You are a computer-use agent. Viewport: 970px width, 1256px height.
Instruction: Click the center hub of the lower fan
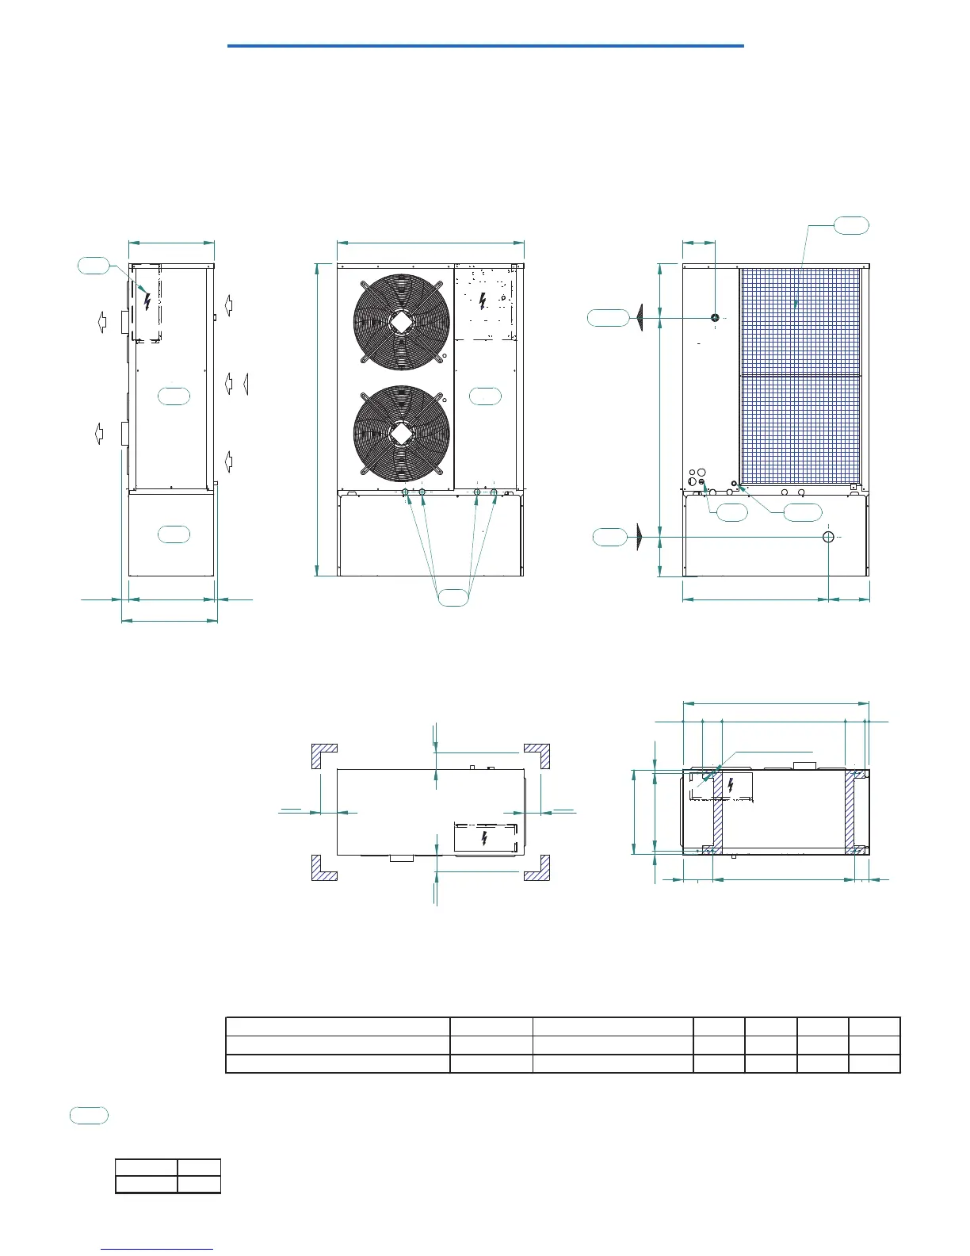(401, 433)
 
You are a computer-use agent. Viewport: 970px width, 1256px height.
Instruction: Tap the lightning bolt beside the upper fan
(484, 301)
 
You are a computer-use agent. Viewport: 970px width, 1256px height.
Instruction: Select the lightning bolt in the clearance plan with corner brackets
(484, 838)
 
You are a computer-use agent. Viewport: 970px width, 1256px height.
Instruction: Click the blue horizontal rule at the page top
(485, 46)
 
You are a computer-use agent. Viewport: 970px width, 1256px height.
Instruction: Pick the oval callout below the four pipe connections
(453, 597)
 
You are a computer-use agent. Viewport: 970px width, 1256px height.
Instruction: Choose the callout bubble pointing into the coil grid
(851, 226)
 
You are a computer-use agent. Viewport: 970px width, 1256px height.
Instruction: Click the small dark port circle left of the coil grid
(715, 318)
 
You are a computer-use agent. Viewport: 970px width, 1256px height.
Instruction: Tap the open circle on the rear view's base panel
(828, 537)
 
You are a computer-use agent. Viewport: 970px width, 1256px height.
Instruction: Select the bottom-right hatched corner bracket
(538, 869)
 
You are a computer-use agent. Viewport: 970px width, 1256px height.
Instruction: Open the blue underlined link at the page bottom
(158, 1250)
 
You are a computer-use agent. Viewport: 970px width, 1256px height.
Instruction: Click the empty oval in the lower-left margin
(89, 1116)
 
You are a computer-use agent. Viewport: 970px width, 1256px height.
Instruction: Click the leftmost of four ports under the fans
(405, 493)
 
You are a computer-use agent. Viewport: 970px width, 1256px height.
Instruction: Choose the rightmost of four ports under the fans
(494, 493)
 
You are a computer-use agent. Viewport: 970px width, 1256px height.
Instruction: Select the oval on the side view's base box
(174, 534)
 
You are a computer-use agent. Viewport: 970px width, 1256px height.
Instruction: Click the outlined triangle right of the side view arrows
(246, 384)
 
